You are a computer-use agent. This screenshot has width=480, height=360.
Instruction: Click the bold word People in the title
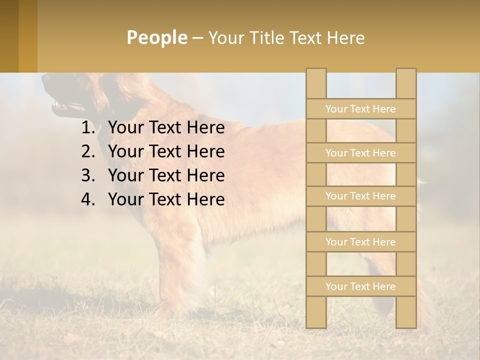coord(156,37)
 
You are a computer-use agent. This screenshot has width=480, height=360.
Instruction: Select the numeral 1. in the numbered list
coord(88,128)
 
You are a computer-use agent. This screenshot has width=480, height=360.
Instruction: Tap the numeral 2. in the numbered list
coord(88,151)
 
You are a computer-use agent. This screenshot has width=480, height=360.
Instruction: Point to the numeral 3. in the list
coord(88,175)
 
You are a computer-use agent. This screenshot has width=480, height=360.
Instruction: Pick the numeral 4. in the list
coord(88,199)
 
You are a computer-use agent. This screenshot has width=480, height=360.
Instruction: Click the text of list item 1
coord(166,128)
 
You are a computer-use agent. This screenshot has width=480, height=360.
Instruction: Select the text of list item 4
coord(166,199)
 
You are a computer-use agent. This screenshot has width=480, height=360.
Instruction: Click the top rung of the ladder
coord(360,109)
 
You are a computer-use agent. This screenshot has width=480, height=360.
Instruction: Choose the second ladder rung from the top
coord(360,153)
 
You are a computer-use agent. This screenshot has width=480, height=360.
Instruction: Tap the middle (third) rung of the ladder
coord(360,196)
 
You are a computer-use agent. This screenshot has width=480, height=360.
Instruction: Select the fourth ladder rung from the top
coord(360,242)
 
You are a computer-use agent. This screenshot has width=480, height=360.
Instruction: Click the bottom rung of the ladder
coord(360,286)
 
